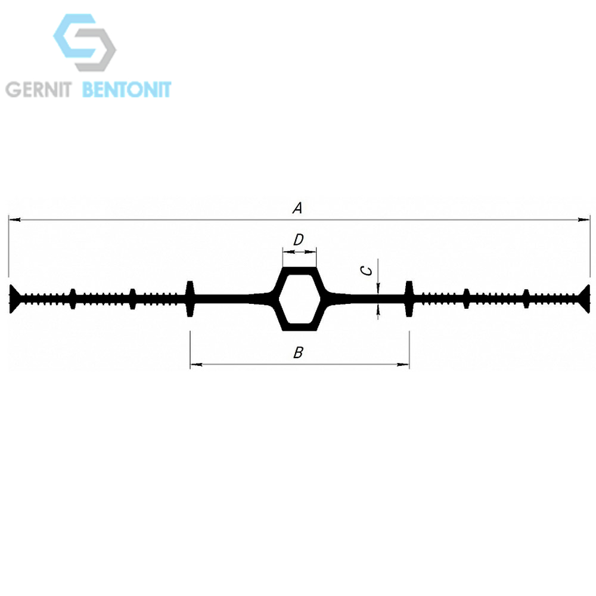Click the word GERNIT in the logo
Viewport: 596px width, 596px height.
[39, 90]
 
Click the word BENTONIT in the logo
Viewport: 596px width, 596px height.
[127, 90]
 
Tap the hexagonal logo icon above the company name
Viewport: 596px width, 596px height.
[85, 42]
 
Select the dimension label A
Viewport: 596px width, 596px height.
[297, 208]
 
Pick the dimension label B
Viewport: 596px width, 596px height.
[299, 353]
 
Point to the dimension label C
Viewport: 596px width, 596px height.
[367, 271]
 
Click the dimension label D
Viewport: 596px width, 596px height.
[299, 240]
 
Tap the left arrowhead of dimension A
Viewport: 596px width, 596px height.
[14, 220]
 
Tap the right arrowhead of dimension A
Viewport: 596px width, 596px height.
[584, 220]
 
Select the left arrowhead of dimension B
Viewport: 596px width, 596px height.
[196, 365]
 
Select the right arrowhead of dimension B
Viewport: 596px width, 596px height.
[403, 365]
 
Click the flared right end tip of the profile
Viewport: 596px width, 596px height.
[585, 299]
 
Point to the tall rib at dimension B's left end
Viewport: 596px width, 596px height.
[190, 299]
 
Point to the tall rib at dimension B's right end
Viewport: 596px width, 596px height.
[409, 299]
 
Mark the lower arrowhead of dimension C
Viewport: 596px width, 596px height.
[378, 310]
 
